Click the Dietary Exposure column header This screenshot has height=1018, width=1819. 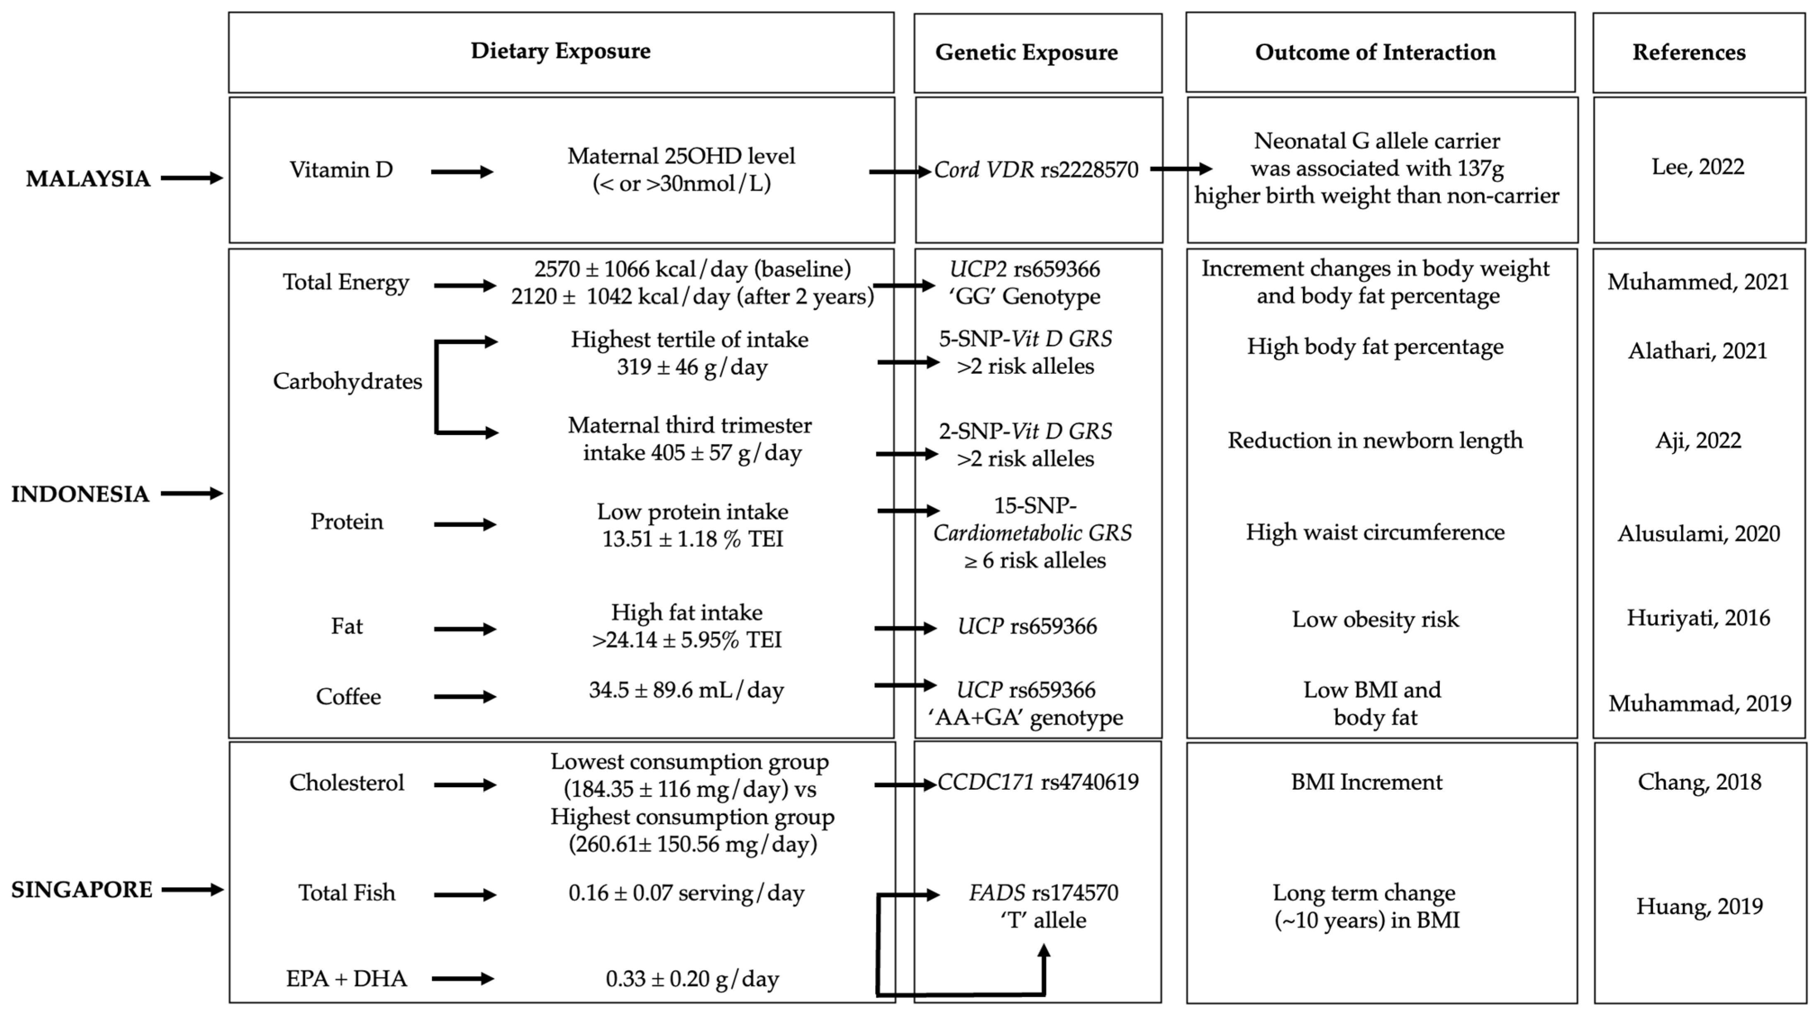[x=561, y=51]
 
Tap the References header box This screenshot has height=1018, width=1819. [x=1688, y=53]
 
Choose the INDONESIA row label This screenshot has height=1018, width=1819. [x=80, y=494]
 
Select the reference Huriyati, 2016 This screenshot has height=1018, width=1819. [x=1698, y=619]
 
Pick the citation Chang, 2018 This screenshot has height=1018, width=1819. [x=1699, y=782]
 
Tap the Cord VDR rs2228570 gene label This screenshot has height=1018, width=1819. [x=1036, y=170]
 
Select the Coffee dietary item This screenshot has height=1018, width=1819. [x=348, y=697]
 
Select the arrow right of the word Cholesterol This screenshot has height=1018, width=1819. [x=464, y=785]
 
